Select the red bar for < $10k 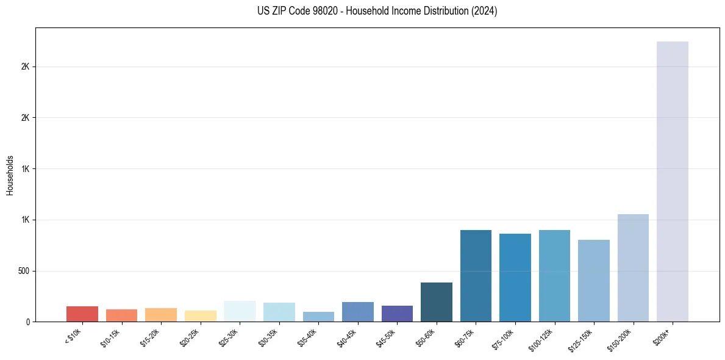82,314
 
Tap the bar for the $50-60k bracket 437,302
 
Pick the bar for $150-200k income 633,268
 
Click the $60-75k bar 476,276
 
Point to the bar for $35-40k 318,317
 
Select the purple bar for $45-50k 397,314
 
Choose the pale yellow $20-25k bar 201,316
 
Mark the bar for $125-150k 594,281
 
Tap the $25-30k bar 240,311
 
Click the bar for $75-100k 515,278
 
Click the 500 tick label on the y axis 24,271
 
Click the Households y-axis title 10,175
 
